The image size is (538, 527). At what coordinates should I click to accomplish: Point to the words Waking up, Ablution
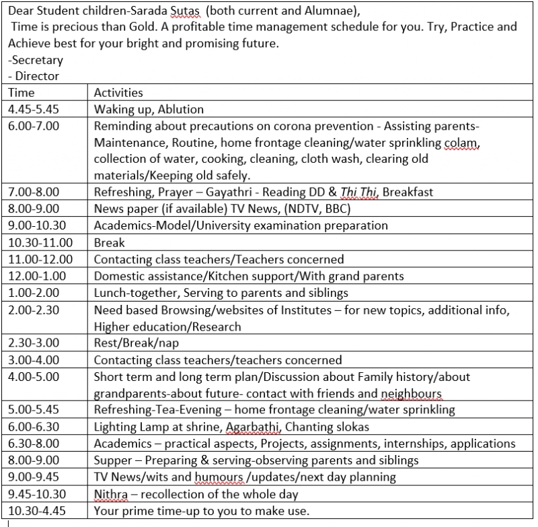point(149,108)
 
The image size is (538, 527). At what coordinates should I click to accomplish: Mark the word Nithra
point(110,494)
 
